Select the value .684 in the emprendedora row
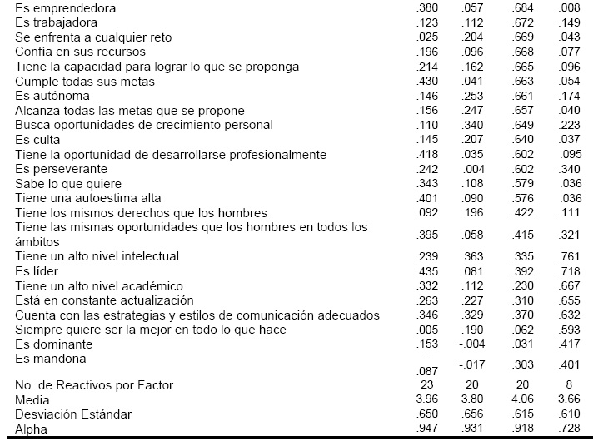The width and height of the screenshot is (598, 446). (521, 7)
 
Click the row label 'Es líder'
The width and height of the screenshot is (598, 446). (34, 271)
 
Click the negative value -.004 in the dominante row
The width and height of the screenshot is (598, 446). (473, 344)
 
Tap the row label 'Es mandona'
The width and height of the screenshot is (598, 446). (50, 359)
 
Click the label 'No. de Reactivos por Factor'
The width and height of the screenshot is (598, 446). (94, 385)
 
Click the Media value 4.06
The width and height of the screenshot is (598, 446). (521, 399)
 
